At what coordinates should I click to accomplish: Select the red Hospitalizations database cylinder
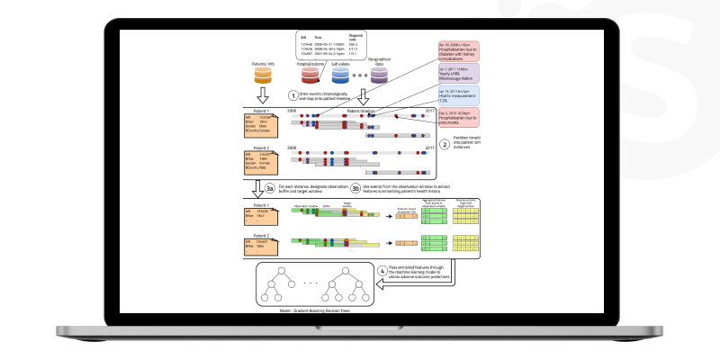pos(311,78)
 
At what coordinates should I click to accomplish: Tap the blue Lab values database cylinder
pos(341,78)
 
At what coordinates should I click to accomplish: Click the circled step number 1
pos(292,94)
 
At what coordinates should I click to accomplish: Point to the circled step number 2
pos(444,141)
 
